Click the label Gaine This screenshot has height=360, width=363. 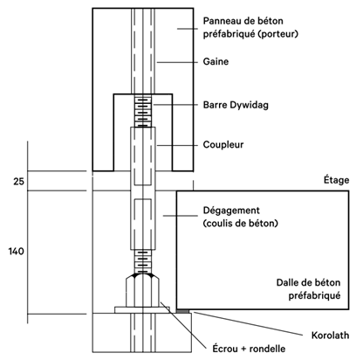click(216, 62)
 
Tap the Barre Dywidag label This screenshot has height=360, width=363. click(236, 105)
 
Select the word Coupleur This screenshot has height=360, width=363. click(223, 145)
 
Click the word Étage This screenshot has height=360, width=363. click(336, 180)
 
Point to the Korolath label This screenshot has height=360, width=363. click(330, 336)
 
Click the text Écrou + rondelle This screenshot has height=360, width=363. click(249, 349)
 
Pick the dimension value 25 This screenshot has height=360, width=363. click(19, 182)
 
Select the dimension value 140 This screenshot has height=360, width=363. click(16, 251)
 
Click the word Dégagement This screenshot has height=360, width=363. click(231, 211)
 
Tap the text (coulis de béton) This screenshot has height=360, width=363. click(241, 224)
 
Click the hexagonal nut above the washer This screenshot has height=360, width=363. click(142, 290)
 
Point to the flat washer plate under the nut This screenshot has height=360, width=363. click(142, 310)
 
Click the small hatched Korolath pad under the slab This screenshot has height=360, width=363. click(183, 311)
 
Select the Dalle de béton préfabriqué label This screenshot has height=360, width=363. click(308, 289)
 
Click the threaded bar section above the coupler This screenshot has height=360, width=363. click(142, 111)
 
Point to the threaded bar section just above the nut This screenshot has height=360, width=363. click(142, 261)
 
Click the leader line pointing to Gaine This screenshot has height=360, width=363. click(177, 62)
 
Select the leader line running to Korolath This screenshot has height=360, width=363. click(248, 323)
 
